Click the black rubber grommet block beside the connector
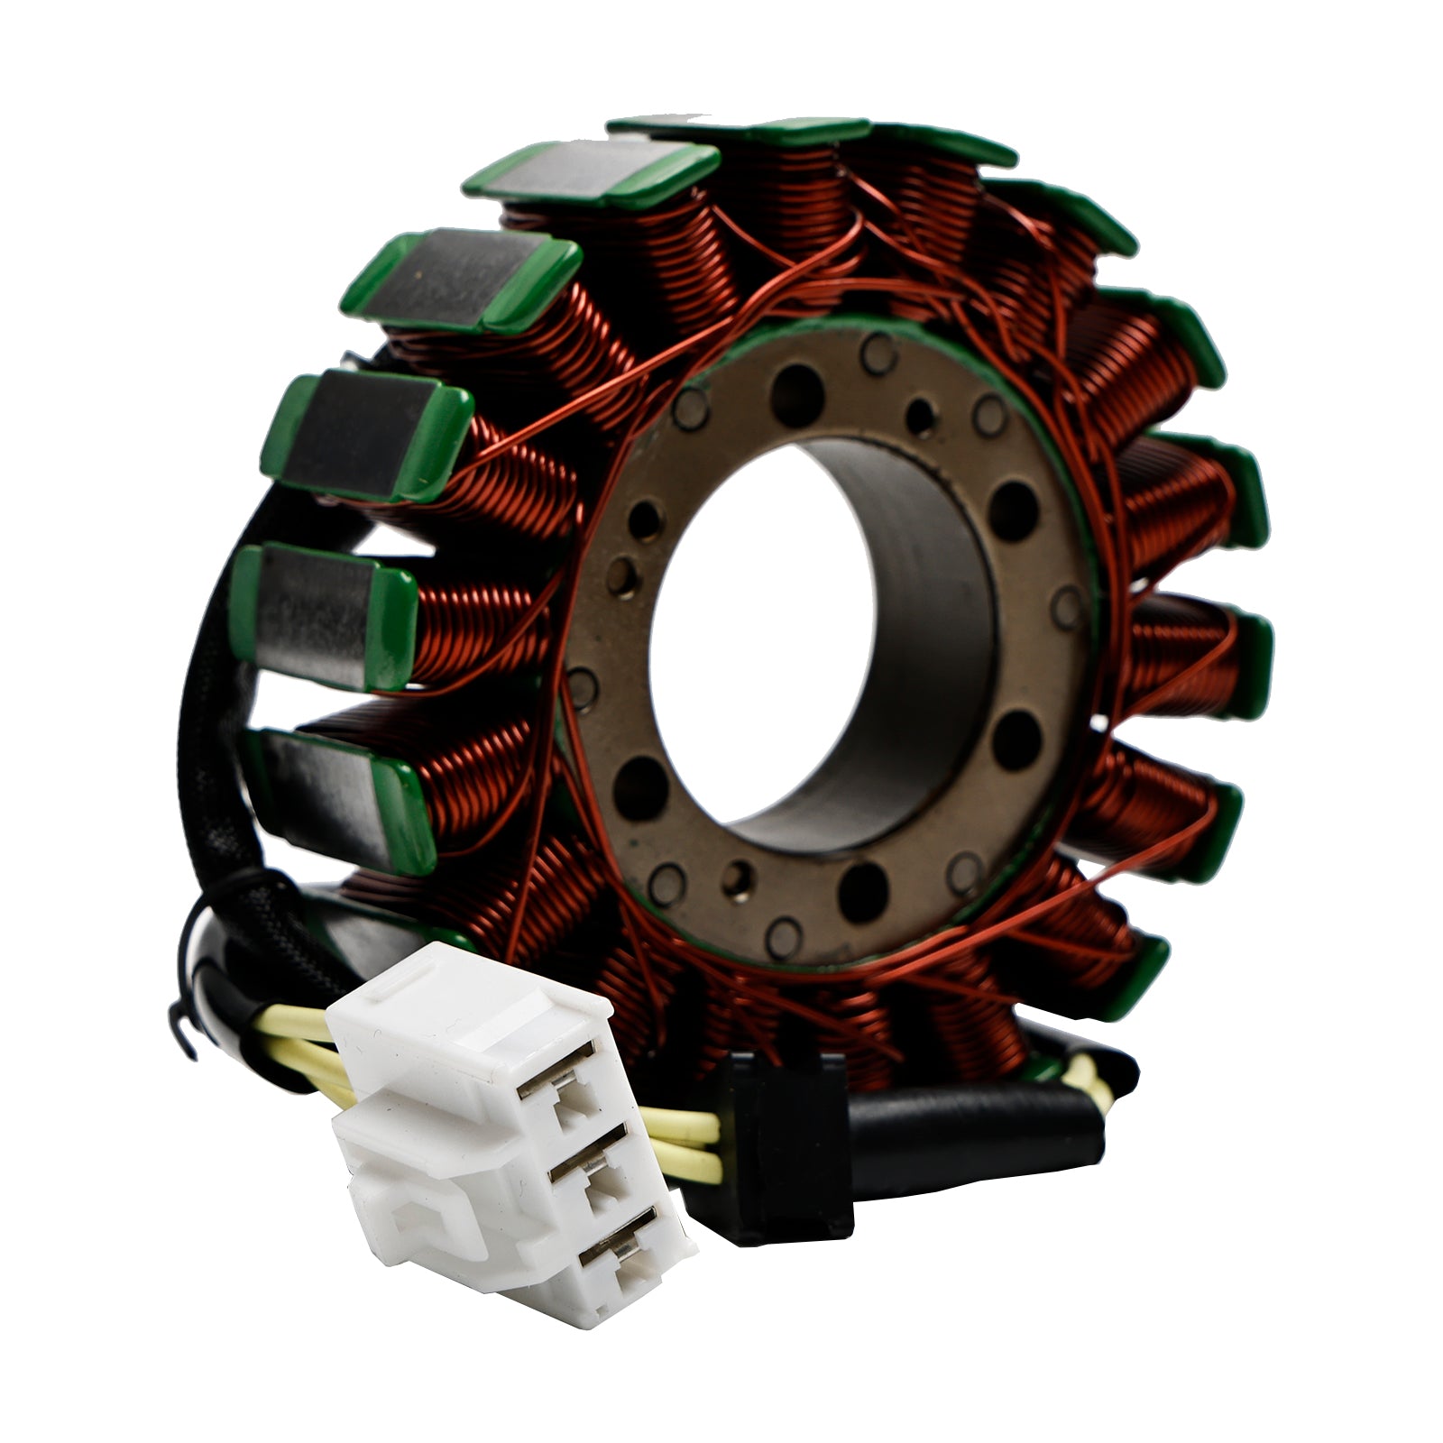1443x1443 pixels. pyautogui.click(x=785, y=1145)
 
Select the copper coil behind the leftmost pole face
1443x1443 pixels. pyautogui.click(x=478, y=631)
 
